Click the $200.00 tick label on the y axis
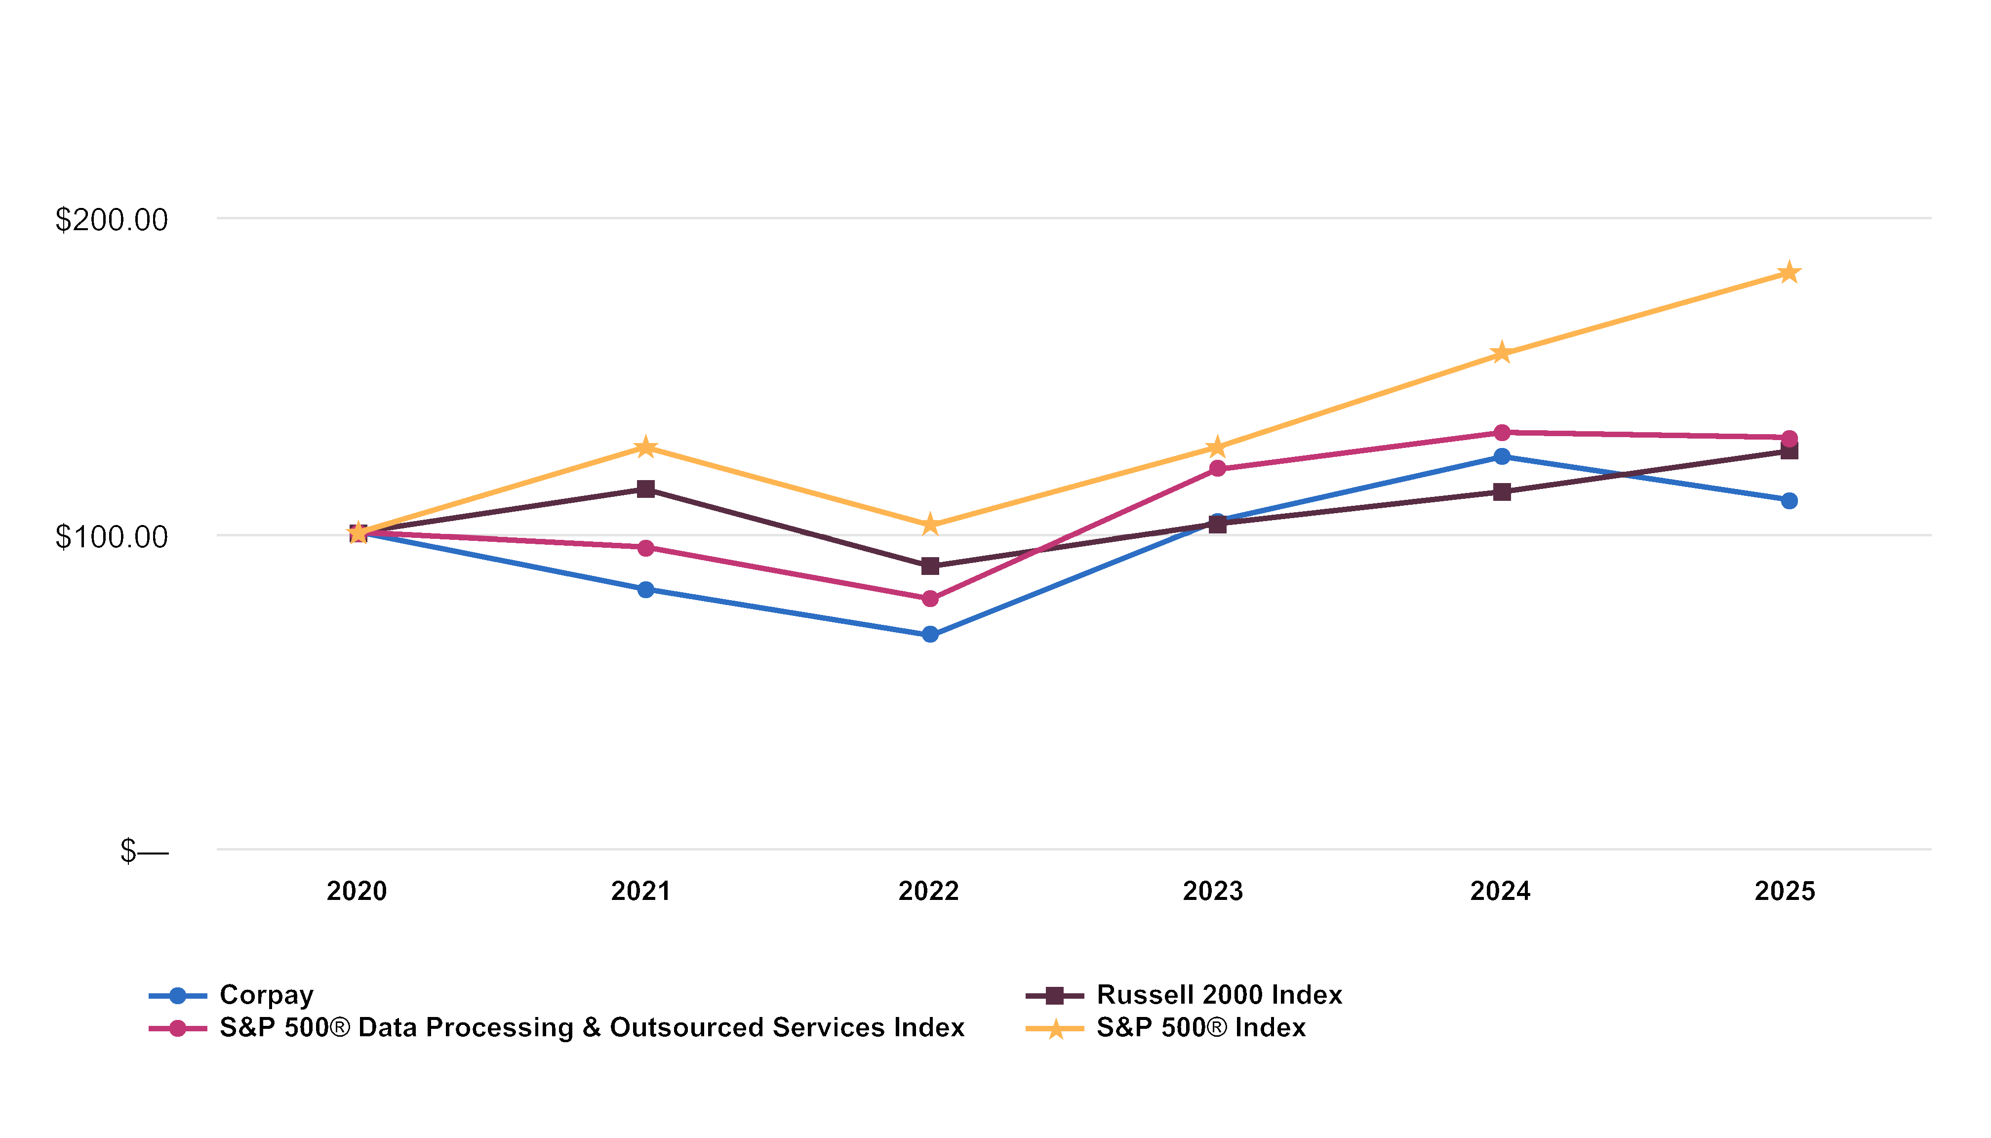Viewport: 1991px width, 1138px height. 112,220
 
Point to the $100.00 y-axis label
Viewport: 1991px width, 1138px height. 112,538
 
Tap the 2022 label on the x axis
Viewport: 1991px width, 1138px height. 928,891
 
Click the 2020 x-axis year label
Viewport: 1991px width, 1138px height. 357,891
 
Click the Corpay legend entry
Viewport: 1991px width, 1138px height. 231,995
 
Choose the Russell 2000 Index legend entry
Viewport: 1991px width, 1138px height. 1184,995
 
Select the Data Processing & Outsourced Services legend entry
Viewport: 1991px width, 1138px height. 557,1028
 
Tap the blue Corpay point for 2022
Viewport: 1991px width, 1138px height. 930,635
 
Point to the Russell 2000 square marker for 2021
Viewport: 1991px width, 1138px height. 645,489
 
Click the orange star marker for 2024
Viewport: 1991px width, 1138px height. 1501,353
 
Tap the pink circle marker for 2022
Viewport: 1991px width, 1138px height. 930,599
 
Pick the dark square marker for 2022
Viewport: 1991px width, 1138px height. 930,566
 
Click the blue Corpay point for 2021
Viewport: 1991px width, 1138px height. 645,589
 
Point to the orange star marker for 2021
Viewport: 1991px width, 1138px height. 645,447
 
